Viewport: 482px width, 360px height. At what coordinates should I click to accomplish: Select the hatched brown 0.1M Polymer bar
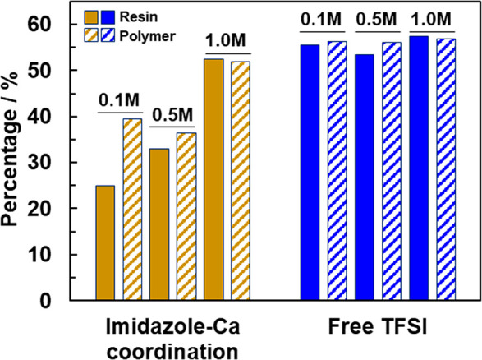[x=132, y=210]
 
